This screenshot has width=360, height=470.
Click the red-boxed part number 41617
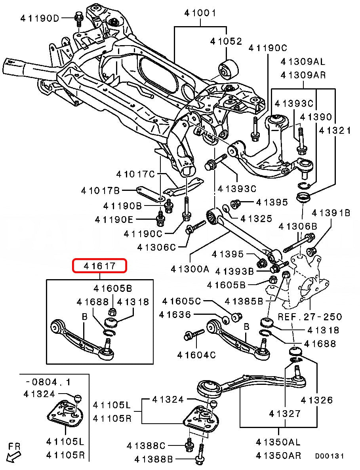(x=99, y=266)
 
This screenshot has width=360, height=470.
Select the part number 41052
(x=226, y=41)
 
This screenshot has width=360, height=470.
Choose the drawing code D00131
(x=330, y=457)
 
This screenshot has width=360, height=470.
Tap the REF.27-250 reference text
(x=310, y=316)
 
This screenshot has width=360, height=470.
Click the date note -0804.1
(x=48, y=382)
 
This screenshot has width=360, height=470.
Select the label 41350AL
(x=278, y=442)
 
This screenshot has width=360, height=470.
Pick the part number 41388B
(x=154, y=459)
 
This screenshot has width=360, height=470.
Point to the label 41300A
(x=190, y=269)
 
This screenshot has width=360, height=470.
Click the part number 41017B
(x=100, y=191)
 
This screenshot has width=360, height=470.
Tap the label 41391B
(x=331, y=213)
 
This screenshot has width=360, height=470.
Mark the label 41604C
(x=197, y=355)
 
